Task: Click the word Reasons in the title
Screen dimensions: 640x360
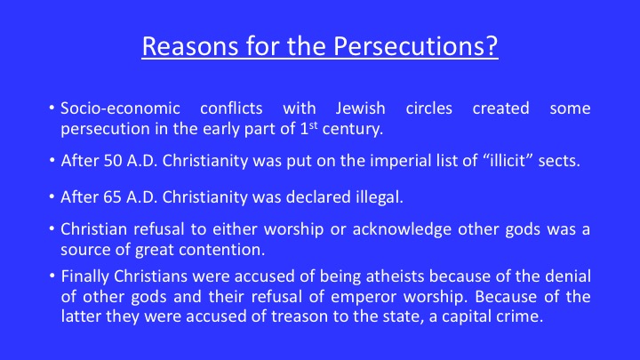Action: pos(190,46)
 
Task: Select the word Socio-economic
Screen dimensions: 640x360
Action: pos(120,108)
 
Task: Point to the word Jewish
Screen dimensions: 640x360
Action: pos(360,108)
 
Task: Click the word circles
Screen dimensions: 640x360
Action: pos(429,108)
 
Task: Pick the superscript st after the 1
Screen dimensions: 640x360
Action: pos(313,125)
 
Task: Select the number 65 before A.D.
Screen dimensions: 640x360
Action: pos(113,197)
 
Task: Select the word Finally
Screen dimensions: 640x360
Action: pos(85,276)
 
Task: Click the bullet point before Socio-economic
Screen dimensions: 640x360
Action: pos(52,108)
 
